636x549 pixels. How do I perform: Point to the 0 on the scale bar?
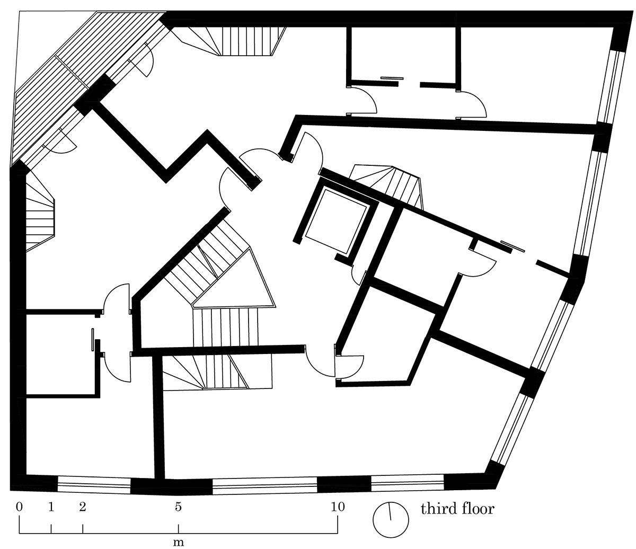click(20, 507)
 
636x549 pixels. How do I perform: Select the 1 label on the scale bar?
click(51, 507)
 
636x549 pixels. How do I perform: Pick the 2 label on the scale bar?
click(83, 507)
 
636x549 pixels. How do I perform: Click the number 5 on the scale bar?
click(179, 507)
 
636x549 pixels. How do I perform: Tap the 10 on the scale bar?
click(338, 507)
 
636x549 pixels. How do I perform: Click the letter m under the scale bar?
click(179, 542)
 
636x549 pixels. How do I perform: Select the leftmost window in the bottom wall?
click(94, 485)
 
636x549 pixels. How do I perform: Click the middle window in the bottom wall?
click(264, 486)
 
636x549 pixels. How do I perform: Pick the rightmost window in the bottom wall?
click(408, 484)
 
